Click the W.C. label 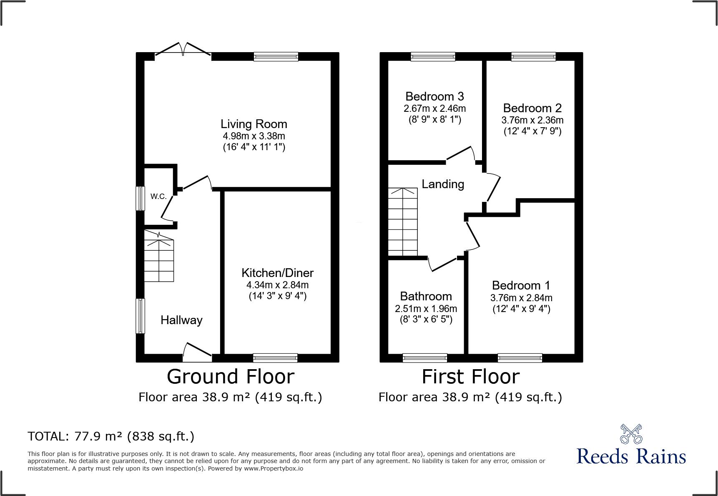tap(158, 196)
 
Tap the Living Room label tap(254, 124)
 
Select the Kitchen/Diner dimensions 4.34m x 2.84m tap(277, 285)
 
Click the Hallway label tap(181, 320)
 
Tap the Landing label tap(442, 184)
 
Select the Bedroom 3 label tap(434, 96)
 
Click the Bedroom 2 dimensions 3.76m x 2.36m tap(532, 120)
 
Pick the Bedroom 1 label tap(521, 285)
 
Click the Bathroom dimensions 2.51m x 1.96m tap(426, 309)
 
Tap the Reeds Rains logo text tap(631, 456)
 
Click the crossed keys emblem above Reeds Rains tap(631, 434)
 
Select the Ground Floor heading tap(230, 377)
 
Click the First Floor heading tap(470, 377)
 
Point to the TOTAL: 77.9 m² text tap(111, 436)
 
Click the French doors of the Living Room tap(183, 50)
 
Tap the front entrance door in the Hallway tap(197, 352)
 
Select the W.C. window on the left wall tap(141, 198)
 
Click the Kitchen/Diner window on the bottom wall tap(275, 358)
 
